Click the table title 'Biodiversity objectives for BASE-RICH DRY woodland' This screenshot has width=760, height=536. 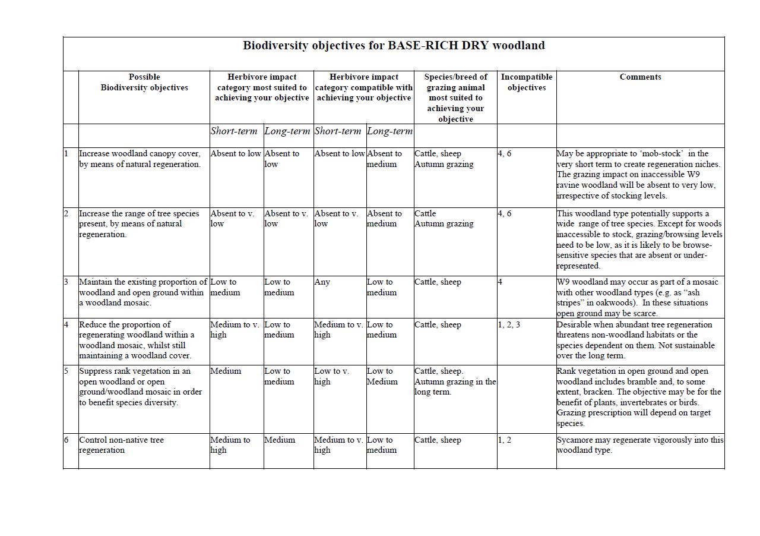394,46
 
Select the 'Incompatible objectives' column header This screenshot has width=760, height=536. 526,82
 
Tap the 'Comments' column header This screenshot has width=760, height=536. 640,77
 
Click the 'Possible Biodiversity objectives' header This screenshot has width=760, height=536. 144,82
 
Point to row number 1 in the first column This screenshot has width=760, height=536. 66,154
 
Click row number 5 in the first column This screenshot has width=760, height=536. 66,371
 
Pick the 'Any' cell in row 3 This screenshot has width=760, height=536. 322,282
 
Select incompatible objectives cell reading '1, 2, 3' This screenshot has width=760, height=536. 509,325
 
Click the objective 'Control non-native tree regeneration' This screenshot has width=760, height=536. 121,445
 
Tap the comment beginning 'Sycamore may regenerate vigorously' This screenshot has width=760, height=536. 640,445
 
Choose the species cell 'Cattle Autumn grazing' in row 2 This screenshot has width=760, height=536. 444,219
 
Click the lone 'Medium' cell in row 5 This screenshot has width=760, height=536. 226,371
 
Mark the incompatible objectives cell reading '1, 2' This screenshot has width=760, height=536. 505,440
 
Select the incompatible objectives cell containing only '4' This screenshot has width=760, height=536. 501,282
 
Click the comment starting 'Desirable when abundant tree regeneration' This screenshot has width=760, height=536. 635,340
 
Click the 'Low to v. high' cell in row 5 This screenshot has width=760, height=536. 332,376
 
